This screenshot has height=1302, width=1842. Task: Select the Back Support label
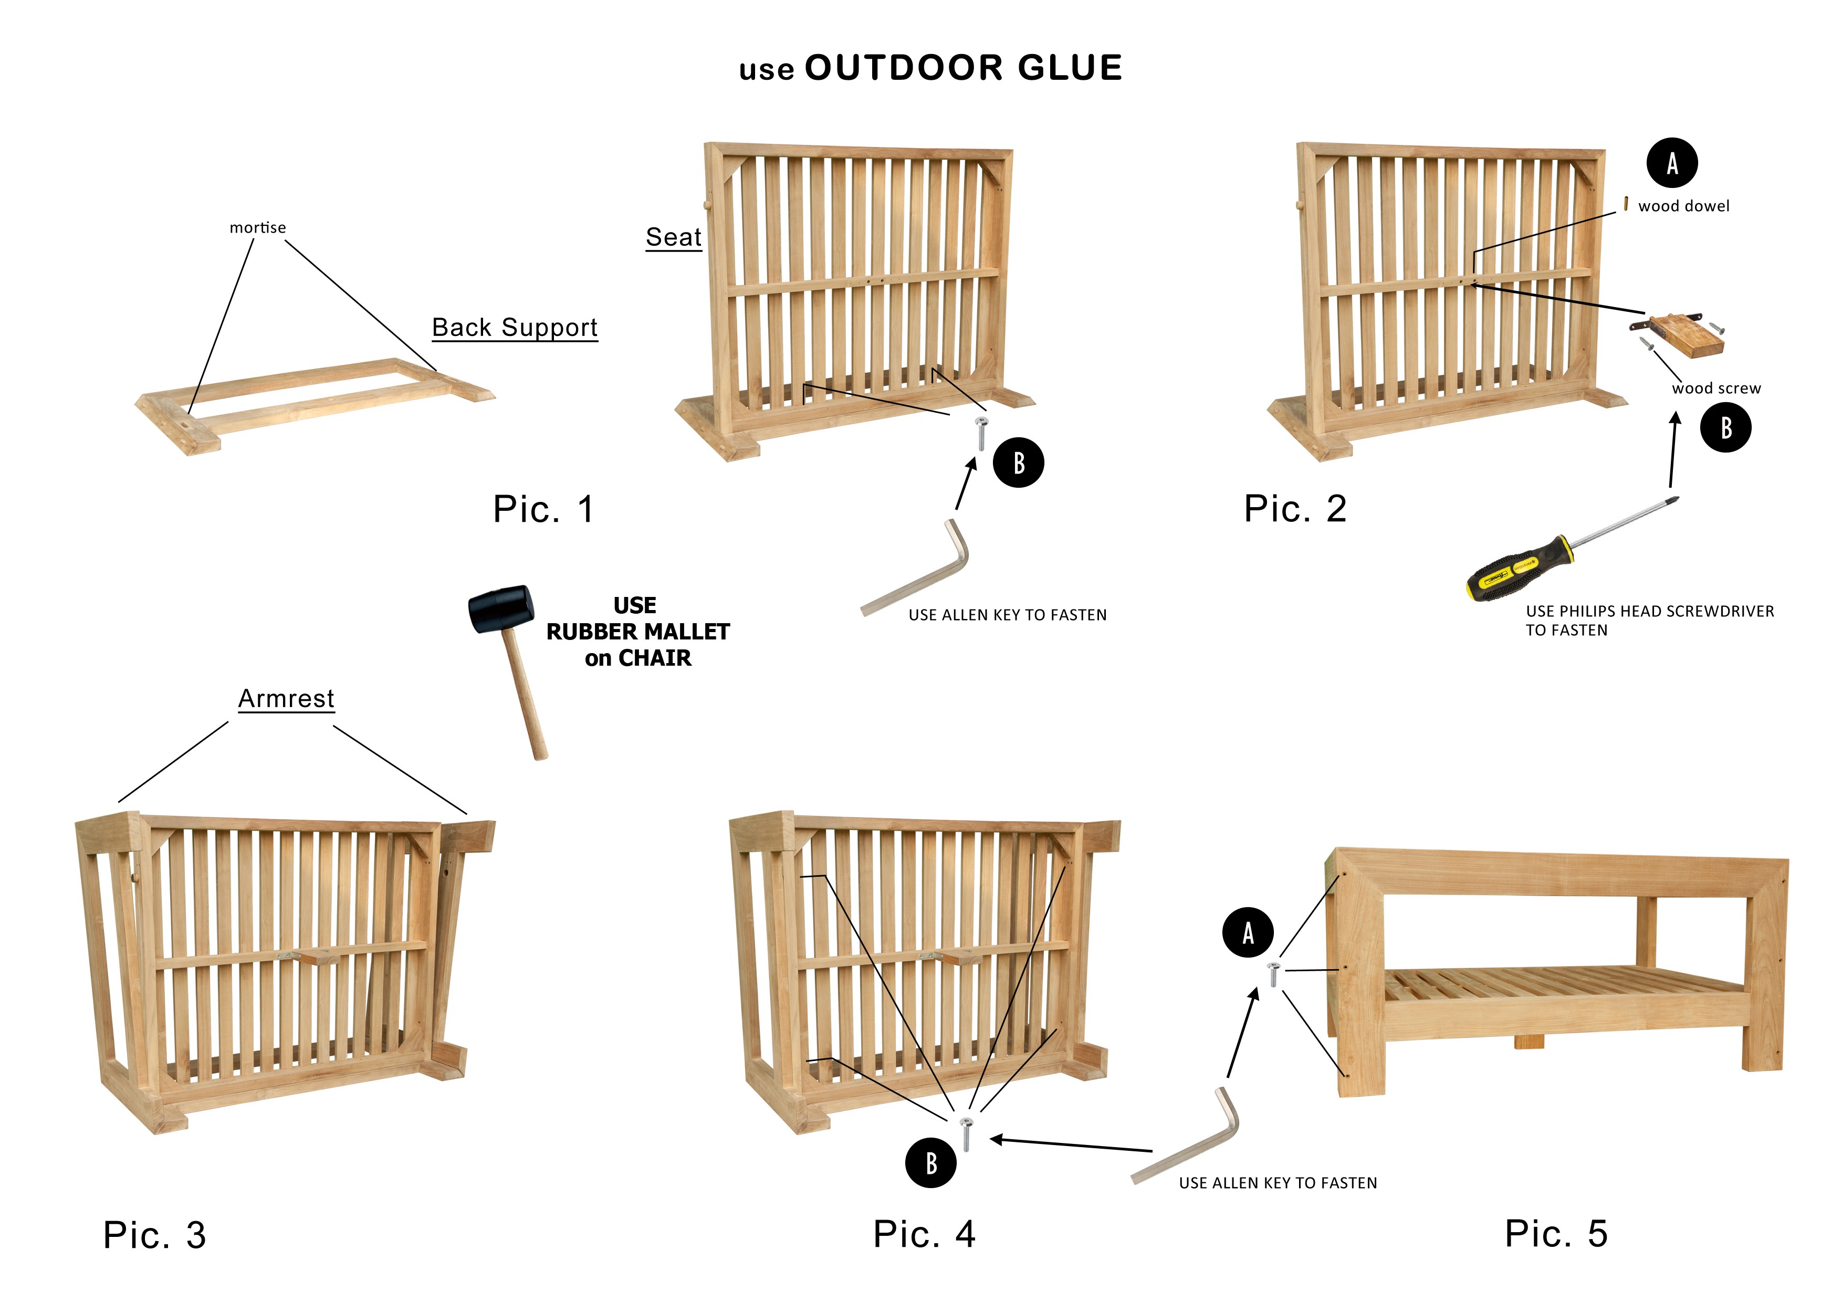pos(514,327)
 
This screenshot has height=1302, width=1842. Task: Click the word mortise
pos(257,228)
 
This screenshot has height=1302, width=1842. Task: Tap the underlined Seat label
pos(673,237)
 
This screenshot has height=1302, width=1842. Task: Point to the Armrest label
pos(286,699)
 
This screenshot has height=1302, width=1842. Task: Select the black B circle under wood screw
pos(1725,427)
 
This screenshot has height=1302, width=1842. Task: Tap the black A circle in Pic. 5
pos(1248,932)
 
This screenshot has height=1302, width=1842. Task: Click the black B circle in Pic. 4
pos(930,1162)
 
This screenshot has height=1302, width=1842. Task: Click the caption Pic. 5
pos(1556,1233)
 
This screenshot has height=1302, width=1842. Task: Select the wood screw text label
pos(1716,388)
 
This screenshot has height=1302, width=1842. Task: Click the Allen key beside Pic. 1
pos(923,570)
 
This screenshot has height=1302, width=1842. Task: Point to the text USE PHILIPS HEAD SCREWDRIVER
pos(1649,611)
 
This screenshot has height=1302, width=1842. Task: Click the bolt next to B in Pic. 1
pos(980,433)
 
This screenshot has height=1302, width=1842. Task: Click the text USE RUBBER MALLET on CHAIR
pos(638,632)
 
